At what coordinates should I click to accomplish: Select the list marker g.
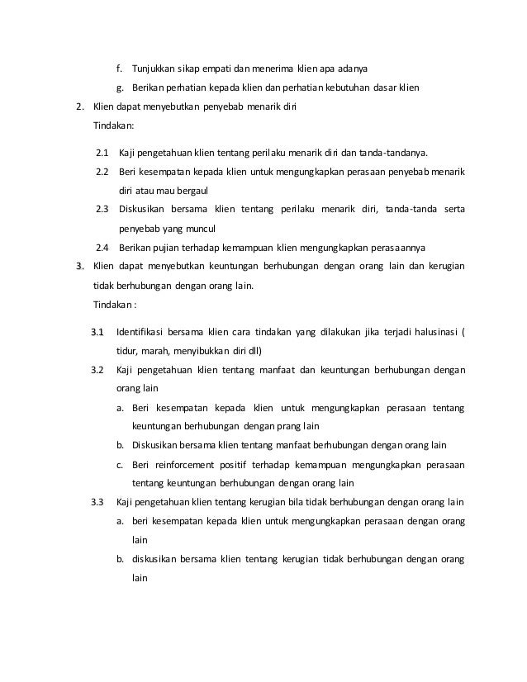tap(119, 88)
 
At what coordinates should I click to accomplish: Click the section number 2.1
tap(102, 153)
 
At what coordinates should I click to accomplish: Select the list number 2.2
tap(102, 171)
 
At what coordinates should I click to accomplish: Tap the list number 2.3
tap(102, 208)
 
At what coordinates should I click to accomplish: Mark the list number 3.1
tap(97, 333)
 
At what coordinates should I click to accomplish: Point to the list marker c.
tap(119, 463)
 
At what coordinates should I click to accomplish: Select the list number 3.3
tap(97, 502)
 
